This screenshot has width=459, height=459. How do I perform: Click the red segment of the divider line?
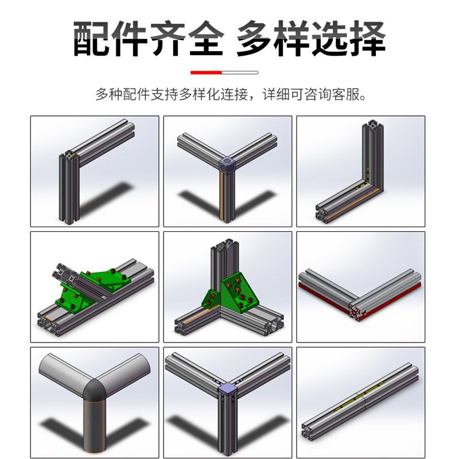point(206,73)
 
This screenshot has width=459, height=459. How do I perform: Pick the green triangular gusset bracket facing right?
point(239,293)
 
